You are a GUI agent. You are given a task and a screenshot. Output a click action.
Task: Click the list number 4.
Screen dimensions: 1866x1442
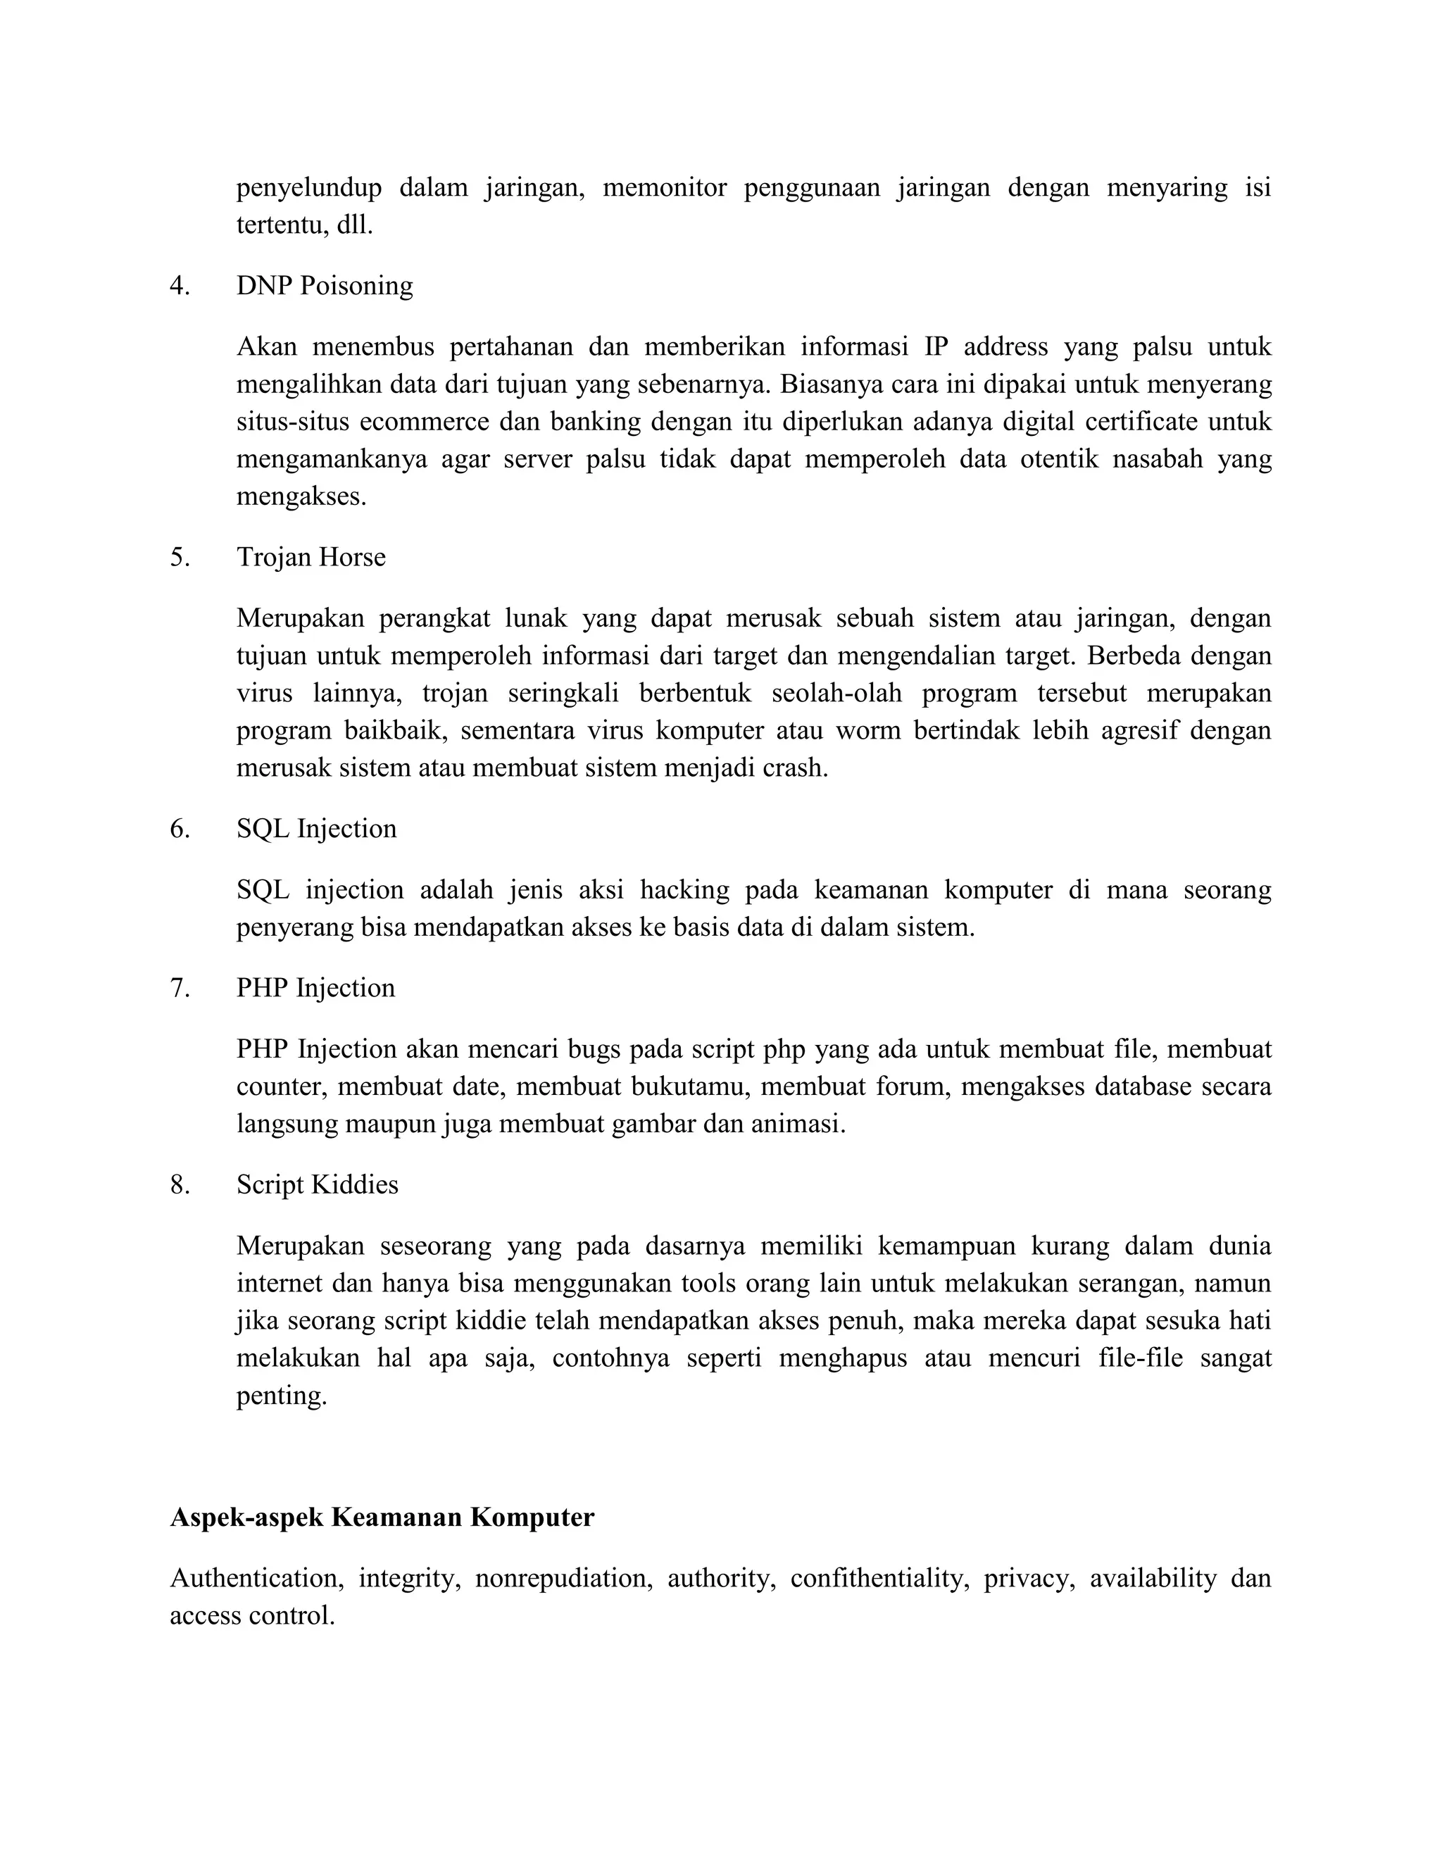[x=179, y=286]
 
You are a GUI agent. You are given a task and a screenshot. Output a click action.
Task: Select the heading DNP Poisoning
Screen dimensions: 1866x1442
[x=325, y=286]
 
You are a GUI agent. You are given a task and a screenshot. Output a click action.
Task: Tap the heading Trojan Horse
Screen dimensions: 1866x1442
[x=311, y=558]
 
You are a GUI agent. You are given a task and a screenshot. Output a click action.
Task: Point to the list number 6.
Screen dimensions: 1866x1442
[x=179, y=829]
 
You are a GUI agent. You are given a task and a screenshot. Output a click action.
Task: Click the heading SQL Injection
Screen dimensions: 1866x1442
[x=316, y=829]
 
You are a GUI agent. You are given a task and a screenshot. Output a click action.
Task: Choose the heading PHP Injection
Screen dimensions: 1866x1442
[x=315, y=989]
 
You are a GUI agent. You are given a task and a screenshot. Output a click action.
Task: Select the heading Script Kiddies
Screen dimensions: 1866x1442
[x=317, y=1185]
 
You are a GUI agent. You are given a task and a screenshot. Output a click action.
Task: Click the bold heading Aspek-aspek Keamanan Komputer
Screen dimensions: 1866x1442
[x=382, y=1518]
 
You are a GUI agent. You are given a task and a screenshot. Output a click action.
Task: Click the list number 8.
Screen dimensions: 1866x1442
[x=179, y=1185]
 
